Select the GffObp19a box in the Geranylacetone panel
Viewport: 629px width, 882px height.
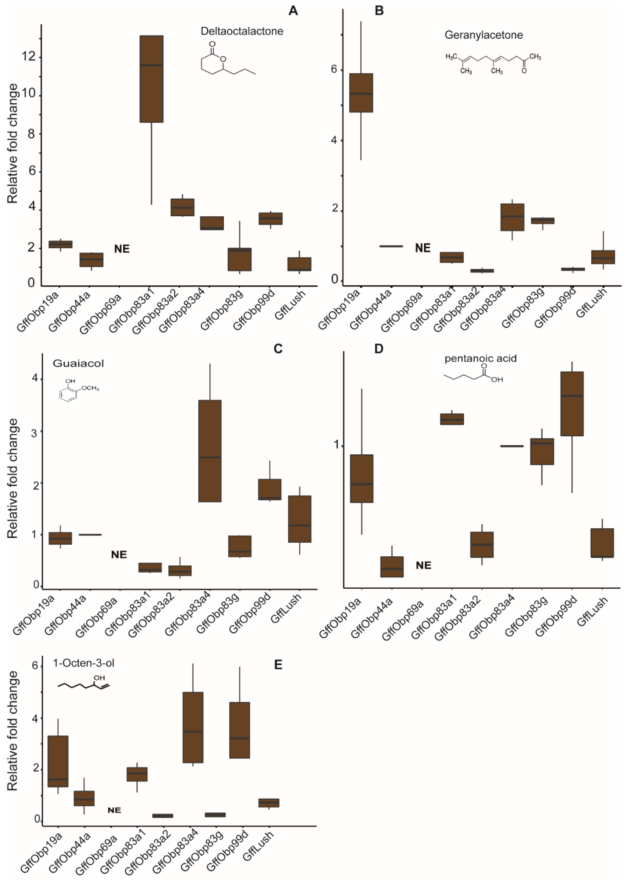[361, 93]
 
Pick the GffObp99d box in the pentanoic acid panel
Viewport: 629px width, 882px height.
[572, 404]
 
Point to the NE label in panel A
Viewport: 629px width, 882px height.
[122, 249]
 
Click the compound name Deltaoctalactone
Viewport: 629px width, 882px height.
[242, 31]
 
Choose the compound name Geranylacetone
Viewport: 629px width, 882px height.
[483, 35]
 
